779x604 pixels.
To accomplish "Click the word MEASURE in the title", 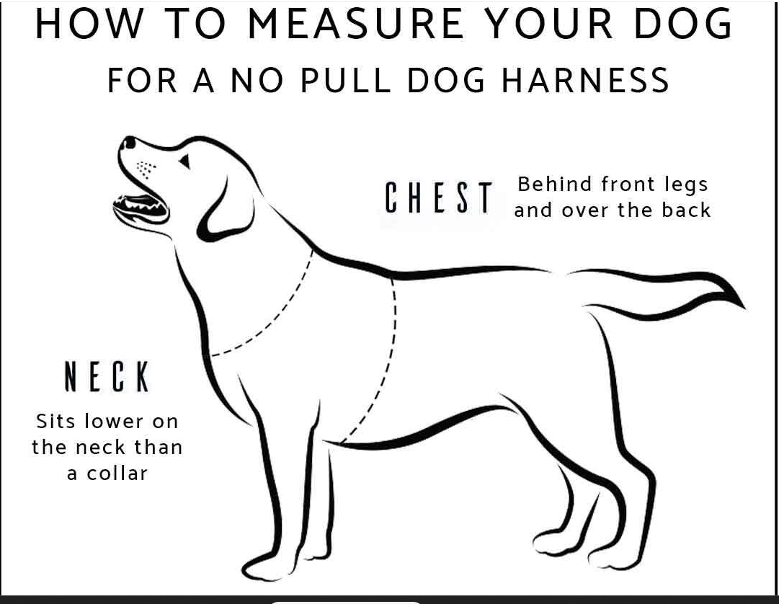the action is (356, 23).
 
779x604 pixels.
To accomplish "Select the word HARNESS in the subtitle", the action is (585, 80).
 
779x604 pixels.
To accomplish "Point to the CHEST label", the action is (439, 197).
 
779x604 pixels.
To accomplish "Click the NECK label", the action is (107, 376).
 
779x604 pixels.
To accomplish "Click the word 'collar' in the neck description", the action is (117, 474).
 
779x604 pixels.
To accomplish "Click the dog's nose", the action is (129, 143).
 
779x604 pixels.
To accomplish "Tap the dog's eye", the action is (184, 161).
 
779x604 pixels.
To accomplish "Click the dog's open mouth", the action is (141, 207).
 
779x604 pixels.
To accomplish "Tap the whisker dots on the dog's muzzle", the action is (146, 169).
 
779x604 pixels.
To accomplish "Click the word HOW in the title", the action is (89, 23).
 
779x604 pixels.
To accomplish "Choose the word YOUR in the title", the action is (549, 23).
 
